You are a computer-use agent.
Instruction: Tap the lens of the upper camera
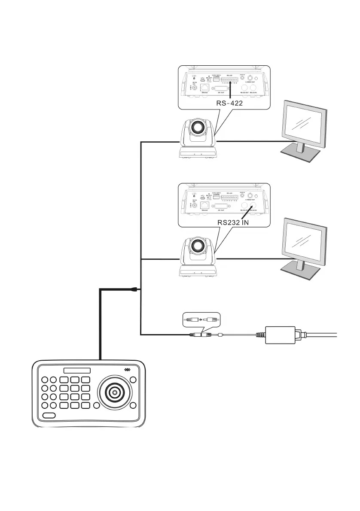point(198,127)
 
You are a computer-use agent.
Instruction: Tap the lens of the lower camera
point(198,246)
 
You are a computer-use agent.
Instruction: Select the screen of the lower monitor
point(305,241)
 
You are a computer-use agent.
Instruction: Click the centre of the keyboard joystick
point(115,392)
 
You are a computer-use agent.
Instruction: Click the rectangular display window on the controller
point(76,371)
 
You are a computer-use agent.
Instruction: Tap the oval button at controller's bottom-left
point(49,416)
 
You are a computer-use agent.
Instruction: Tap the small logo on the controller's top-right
point(127,370)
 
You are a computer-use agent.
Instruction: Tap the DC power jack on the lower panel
point(195,206)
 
